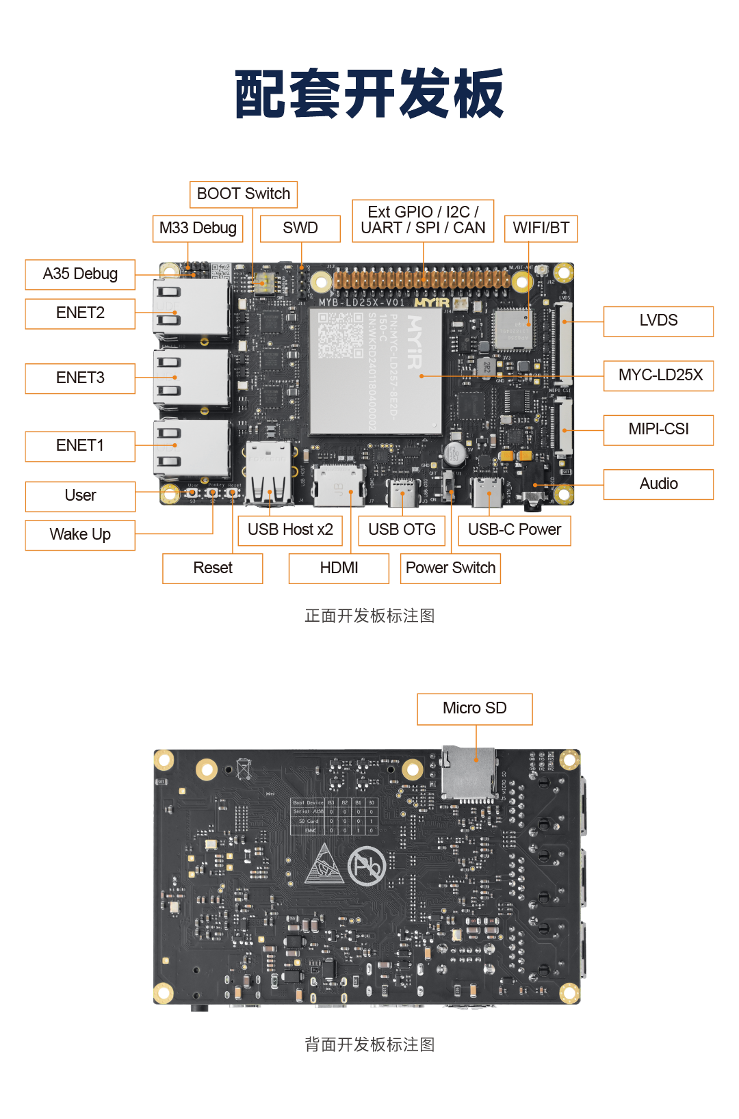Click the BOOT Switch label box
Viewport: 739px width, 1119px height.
click(x=244, y=194)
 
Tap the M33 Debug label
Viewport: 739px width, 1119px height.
click(x=198, y=228)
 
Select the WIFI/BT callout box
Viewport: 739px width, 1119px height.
click(x=541, y=228)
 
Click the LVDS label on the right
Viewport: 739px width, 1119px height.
click(x=658, y=321)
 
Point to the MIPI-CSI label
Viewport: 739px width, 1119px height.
click(x=658, y=430)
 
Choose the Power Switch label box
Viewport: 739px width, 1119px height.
click(x=450, y=568)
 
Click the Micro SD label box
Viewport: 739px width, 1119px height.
click(x=474, y=709)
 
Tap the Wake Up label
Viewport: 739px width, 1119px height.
click(x=80, y=535)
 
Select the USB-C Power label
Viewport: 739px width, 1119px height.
click(x=514, y=530)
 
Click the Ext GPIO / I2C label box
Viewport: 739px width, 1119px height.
click(x=423, y=220)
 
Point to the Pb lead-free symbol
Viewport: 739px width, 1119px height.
click(x=367, y=867)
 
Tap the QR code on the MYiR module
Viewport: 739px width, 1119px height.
click(x=340, y=335)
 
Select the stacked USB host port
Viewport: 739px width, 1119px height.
click(x=268, y=472)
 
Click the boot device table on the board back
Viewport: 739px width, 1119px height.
click(x=333, y=816)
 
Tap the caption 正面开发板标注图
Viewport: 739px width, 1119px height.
click(x=369, y=616)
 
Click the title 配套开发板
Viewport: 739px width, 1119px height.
click(x=369, y=94)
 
